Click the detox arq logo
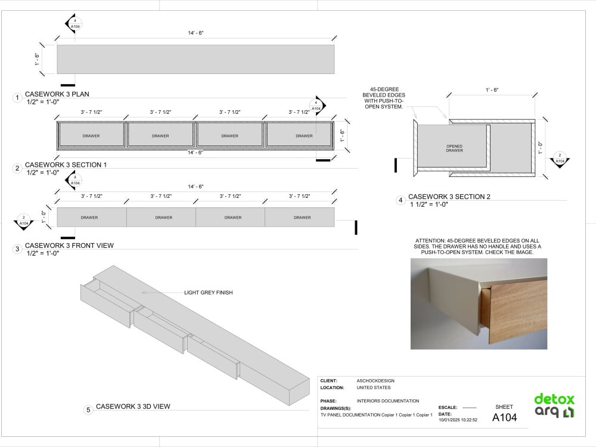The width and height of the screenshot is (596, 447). point(554,406)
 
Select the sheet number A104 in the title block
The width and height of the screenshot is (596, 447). point(504,417)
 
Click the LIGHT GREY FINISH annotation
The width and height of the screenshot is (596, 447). point(208,292)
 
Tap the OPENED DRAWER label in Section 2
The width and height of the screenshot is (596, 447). point(455,148)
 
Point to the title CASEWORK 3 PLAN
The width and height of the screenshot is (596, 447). point(57,94)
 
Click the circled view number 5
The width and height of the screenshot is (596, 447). point(88,410)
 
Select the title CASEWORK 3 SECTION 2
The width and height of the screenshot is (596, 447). point(449,197)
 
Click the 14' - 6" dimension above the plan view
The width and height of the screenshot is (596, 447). point(195,33)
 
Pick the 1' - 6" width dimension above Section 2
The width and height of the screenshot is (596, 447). point(492,90)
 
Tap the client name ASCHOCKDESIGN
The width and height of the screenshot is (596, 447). point(375,380)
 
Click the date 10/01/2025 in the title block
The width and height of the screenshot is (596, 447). point(449,420)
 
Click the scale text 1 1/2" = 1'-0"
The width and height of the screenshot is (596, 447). point(429,204)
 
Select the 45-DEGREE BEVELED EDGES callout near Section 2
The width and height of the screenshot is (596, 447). point(384,98)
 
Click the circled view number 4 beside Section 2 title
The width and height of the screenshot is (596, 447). point(401,200)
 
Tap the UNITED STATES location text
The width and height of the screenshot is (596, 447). point(374,388)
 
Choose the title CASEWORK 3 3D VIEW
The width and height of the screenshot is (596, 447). point(133,406)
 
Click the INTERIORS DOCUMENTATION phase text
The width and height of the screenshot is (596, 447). point(388,401)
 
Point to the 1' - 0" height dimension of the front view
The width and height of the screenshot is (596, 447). point(44,217)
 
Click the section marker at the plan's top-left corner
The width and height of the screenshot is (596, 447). point(73,24)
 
